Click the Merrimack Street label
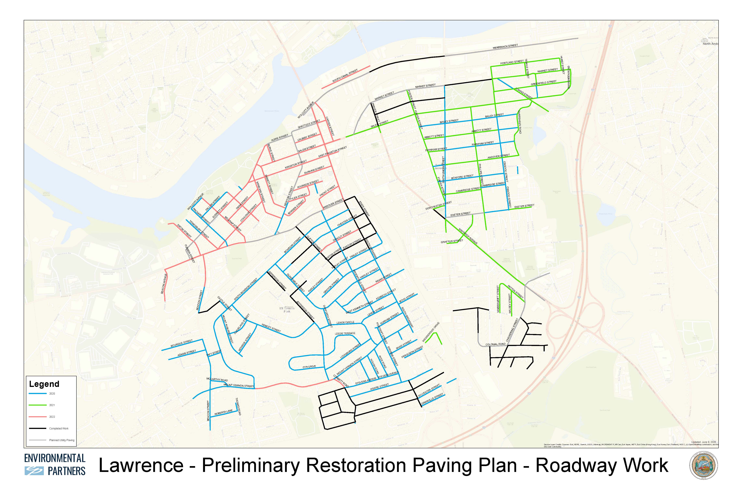coord(505,47)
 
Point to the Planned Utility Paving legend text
coord(62,440)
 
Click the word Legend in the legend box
coord(44,384)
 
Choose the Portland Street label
coord(512,62)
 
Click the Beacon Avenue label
coord(164,284)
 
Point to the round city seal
coord(704,465)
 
